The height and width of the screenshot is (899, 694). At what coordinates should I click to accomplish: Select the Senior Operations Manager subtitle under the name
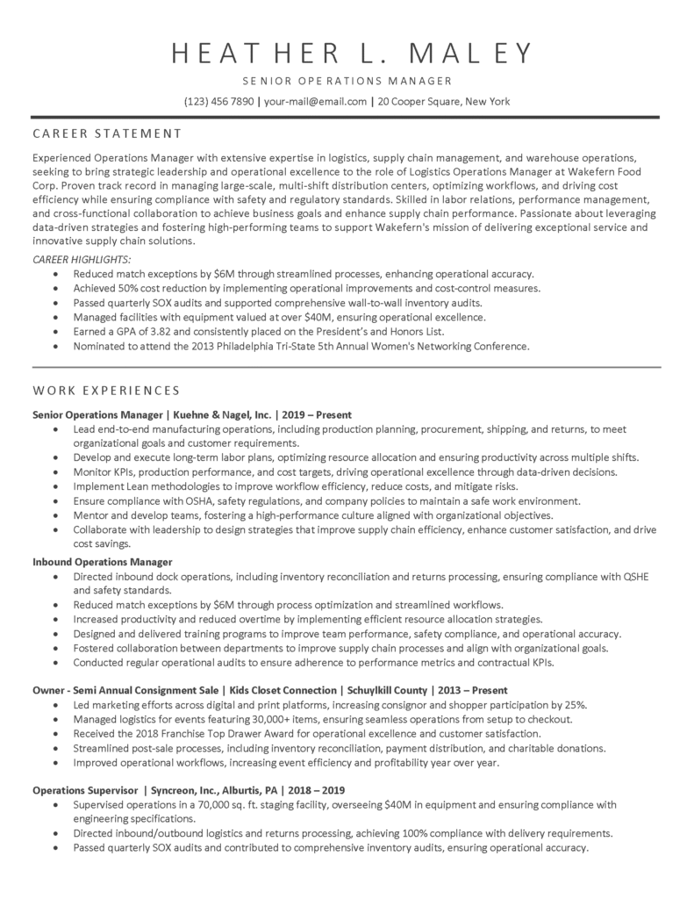pos(347,81)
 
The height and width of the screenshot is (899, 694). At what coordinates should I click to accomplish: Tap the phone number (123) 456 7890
pos(218,102)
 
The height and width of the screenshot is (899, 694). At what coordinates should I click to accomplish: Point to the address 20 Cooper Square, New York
pos(444,102)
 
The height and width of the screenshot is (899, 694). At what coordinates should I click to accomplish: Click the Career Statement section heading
pos(106,133)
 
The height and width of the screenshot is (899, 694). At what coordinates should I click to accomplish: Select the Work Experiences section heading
pos(106,390)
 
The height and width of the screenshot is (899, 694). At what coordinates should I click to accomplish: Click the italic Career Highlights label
pos(82,260)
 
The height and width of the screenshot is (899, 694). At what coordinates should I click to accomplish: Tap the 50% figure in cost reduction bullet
pos(132,288)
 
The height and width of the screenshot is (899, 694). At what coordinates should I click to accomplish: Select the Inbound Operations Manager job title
pos(102,561)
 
